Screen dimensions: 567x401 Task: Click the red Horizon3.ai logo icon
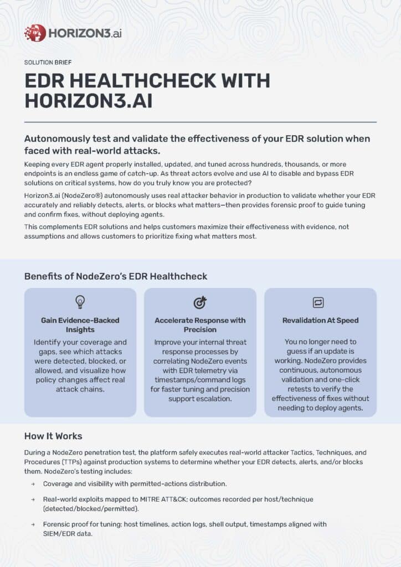pos(35,33)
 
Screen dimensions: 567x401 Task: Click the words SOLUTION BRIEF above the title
pos(48,63)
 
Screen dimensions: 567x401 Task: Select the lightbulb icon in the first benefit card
pos(80,302)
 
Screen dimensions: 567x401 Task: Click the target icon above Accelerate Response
pos(200,302)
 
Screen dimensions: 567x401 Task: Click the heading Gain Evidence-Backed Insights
pos(80,325)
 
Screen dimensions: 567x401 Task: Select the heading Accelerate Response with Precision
pos(200,325)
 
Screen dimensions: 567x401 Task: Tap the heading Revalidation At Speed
pos(320,320)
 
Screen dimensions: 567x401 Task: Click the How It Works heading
pos(53,436)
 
